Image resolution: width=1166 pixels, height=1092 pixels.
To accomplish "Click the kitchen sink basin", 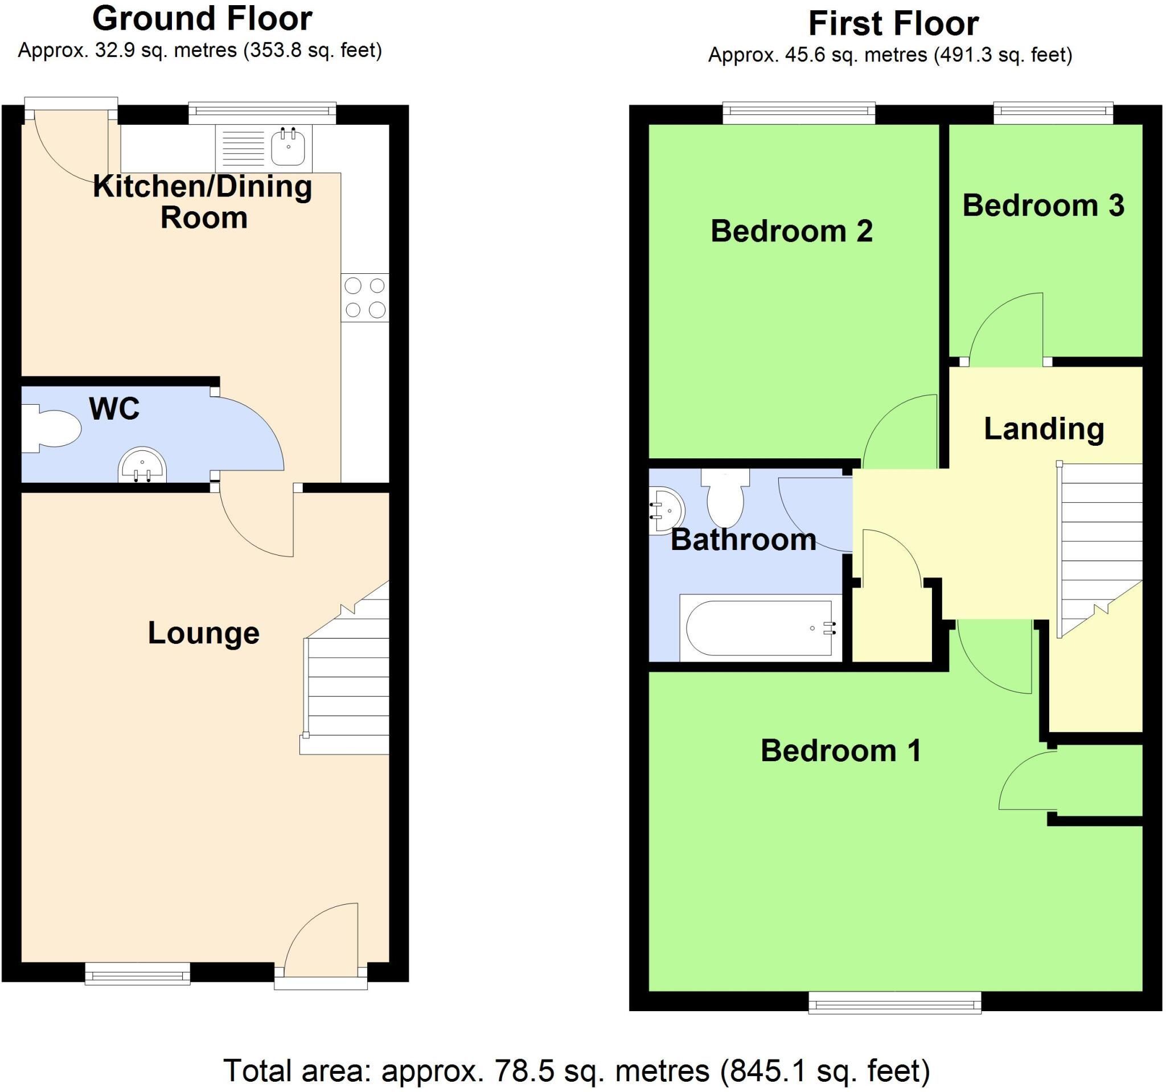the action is click(288, 147).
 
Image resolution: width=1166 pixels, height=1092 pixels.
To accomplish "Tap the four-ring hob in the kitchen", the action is click(364, 297).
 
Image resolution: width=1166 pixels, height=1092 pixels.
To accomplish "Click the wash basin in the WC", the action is click(142, 465).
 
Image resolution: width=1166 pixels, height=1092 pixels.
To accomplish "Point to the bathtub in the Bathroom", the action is click(761, 627).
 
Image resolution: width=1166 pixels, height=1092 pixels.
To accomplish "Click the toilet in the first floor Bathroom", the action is click(725, 498).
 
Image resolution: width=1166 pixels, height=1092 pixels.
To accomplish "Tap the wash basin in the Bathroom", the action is click(666, 510).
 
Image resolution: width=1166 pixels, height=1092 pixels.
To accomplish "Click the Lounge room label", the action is click(203, 633).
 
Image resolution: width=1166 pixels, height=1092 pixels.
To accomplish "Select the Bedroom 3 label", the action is click(1044, 206).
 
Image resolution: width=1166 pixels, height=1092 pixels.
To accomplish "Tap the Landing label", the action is click(1044, 429).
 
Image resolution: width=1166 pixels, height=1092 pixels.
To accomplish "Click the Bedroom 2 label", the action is click(792, 231).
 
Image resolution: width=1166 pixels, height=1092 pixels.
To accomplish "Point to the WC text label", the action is click(114, 409).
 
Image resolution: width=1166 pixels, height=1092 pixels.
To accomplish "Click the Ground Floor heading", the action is click(202, 19).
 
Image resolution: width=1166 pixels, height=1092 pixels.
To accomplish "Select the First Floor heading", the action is click(893, 24).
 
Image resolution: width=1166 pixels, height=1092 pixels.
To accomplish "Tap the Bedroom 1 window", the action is click(894, 1003).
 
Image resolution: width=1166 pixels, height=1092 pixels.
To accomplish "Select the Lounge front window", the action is click(138, 974).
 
